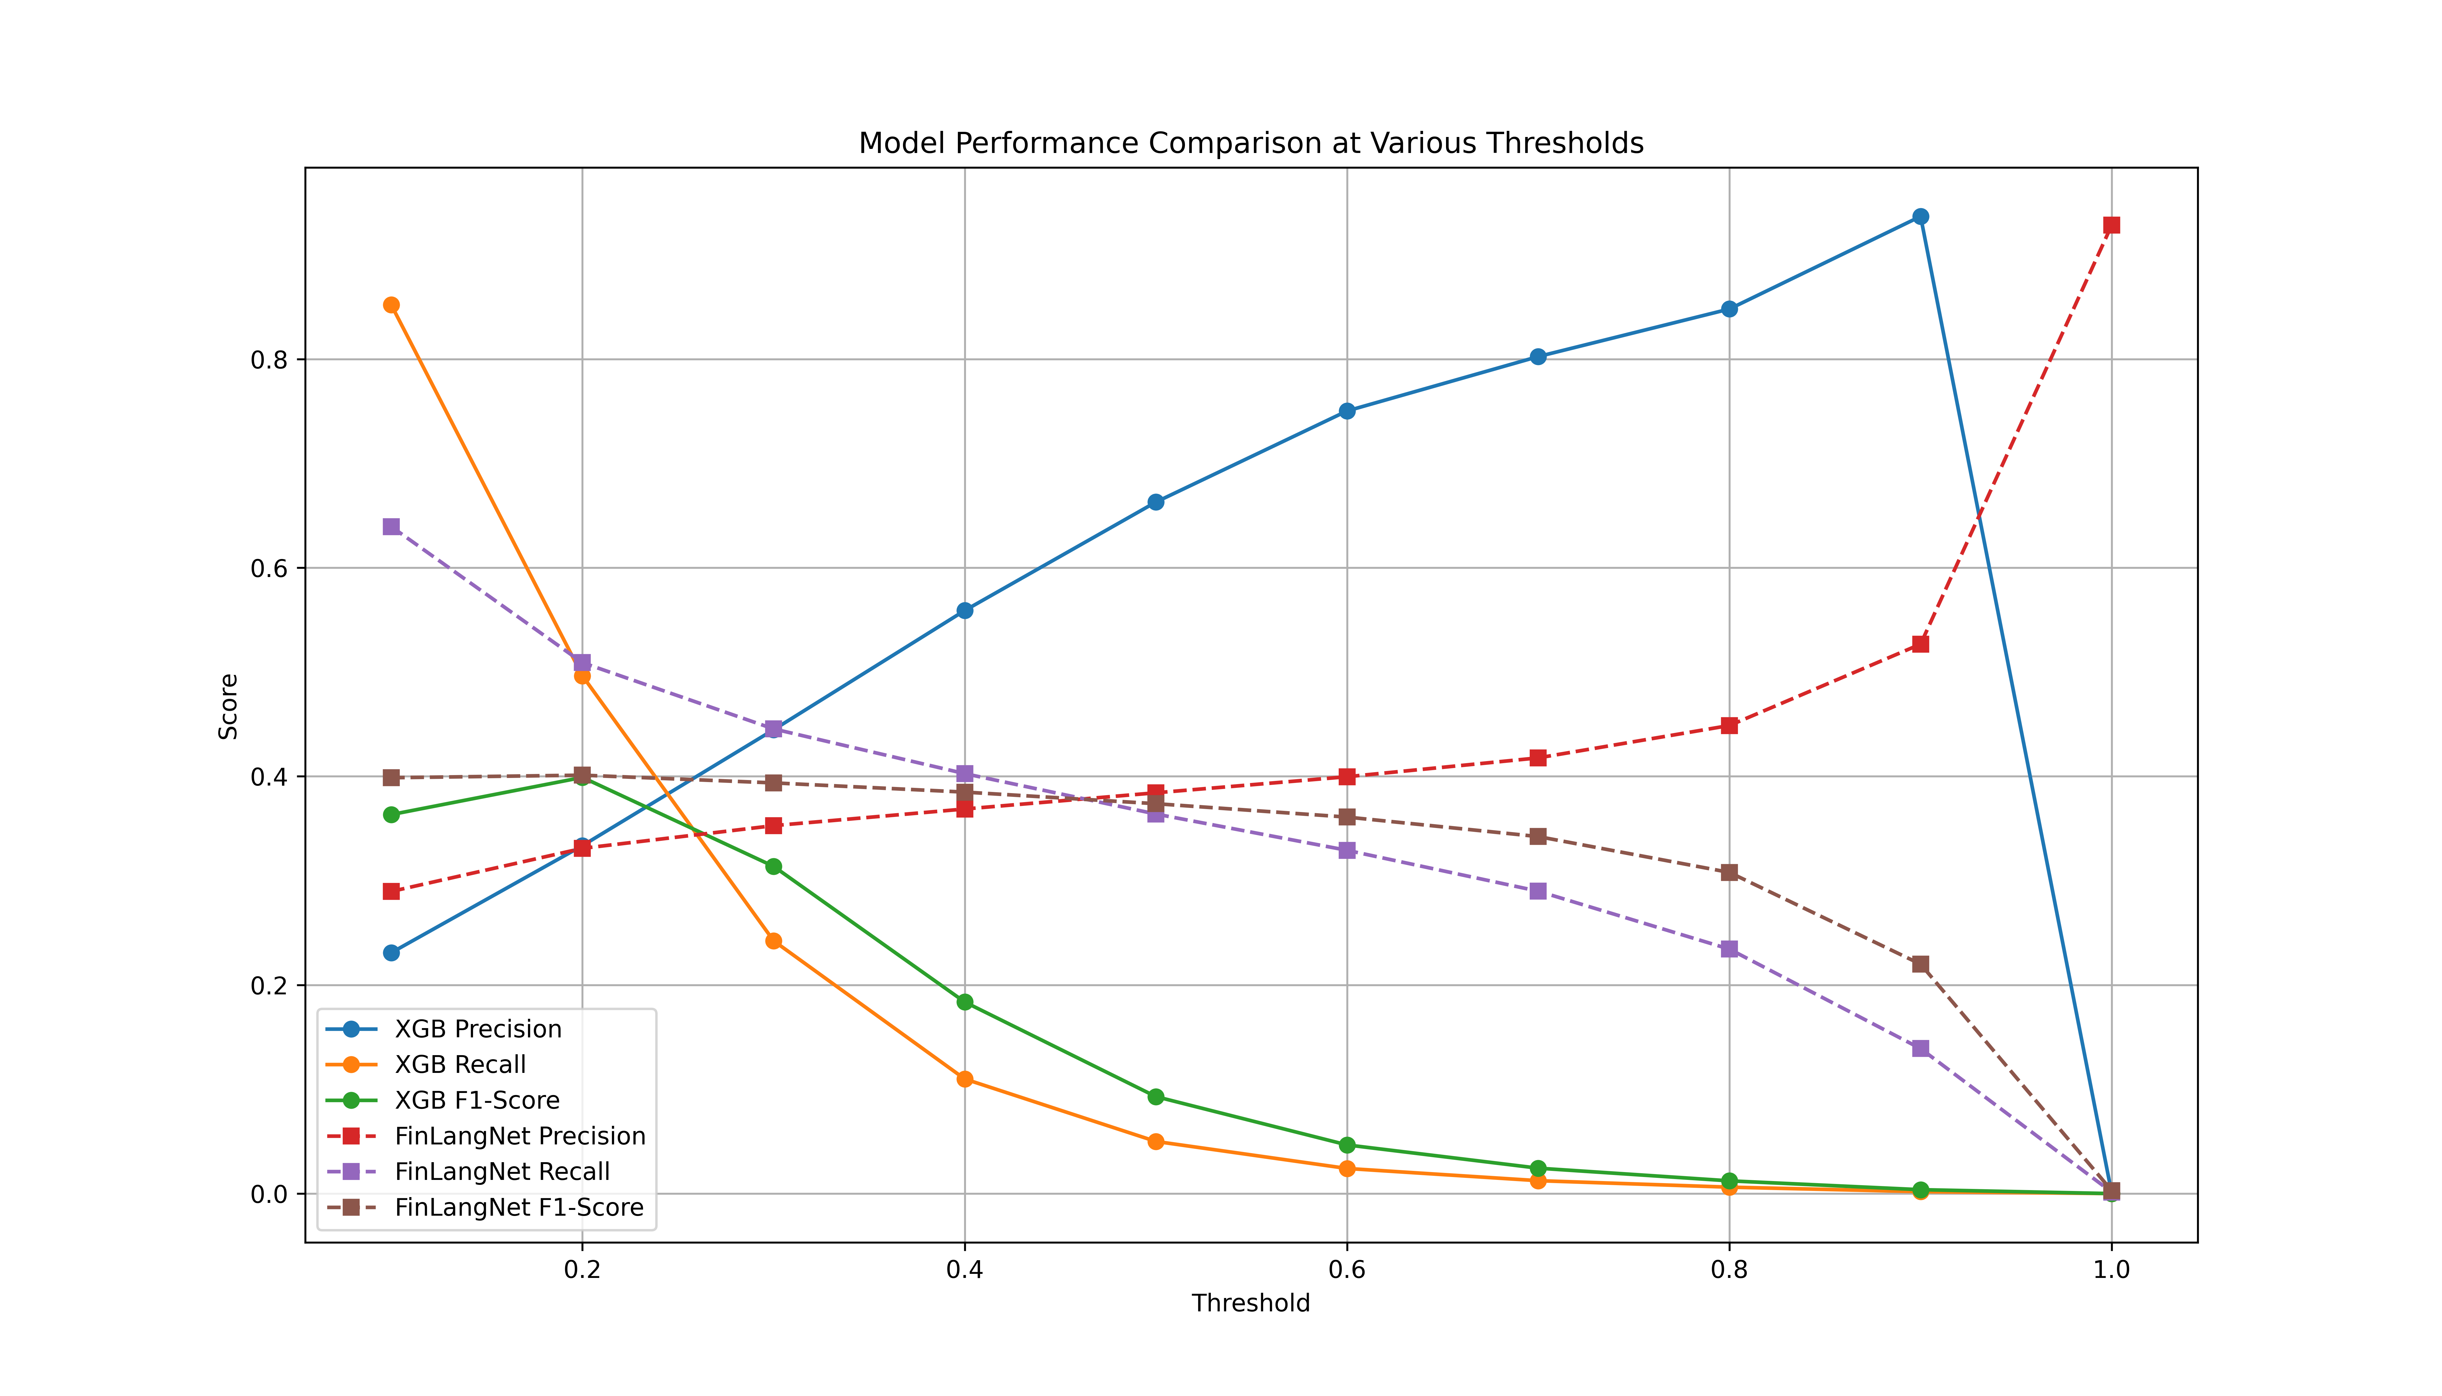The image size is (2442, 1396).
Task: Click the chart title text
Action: click(1251, 144)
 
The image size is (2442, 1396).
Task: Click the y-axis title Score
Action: click(228, 707)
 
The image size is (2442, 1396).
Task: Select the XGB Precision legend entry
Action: click(477, 1029)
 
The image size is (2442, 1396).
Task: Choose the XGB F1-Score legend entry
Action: click(476, 1101)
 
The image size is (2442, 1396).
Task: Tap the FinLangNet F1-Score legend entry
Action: click(519, 1207)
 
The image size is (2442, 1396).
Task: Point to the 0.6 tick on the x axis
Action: click(1347, 1270)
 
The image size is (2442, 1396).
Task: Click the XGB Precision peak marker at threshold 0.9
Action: click(1920, 217)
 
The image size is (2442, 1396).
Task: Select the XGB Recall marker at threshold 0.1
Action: click(391, 305)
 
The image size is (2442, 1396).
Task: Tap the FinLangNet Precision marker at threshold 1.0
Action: click(2111, 225)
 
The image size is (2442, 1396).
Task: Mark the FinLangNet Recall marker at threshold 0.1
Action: click(391, 526)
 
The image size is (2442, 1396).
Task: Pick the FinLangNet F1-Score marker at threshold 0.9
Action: click(1920, 964)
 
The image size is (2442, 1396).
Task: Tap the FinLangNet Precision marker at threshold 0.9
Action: click(1920, 644)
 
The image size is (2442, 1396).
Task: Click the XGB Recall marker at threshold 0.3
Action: click(773, 941)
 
